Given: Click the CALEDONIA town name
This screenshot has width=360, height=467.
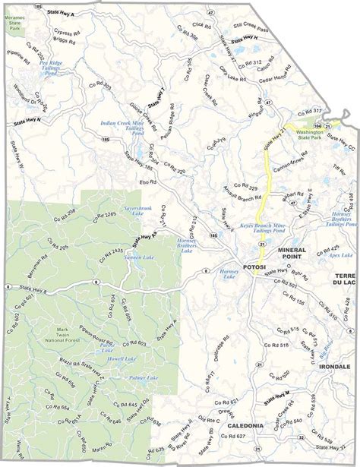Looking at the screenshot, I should coord(246,426).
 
